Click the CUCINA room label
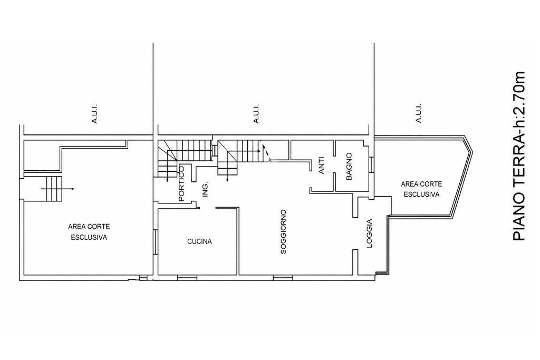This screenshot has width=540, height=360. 199,241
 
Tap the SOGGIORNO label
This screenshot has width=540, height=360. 283,231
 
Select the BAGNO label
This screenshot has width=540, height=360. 349,167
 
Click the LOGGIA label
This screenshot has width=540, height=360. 369,233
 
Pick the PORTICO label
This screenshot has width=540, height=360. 181,183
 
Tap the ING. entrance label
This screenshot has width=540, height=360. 205,189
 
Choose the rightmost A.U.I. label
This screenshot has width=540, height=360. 418,113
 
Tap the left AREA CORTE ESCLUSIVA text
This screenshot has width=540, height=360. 89,232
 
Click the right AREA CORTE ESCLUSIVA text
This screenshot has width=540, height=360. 421,189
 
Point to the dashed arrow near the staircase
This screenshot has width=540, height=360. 266,152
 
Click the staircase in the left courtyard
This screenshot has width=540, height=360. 54,189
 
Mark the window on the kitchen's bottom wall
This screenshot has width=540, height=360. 187,277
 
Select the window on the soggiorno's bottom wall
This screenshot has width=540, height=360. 283,277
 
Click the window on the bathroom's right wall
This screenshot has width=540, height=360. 371,165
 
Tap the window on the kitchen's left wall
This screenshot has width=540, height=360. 156,242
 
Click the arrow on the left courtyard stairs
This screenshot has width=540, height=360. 57,189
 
